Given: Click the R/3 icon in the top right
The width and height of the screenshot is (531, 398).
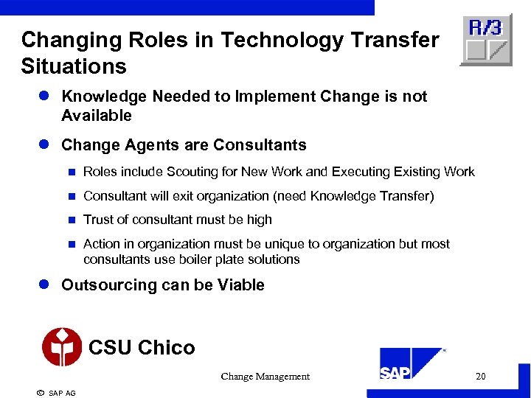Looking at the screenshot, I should [486, 40].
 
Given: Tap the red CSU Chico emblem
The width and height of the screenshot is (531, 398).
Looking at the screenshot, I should [62, 346].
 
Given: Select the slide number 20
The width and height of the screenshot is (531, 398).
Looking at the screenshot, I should [481, 377].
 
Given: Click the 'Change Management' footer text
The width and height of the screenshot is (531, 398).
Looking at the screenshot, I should [265, 377].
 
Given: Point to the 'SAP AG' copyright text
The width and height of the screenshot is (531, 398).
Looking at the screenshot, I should [62, 394].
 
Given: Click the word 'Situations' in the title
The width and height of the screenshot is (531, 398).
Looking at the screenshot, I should [74, 67].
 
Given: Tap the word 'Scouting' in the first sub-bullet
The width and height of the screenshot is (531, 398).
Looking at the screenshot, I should [191, 172].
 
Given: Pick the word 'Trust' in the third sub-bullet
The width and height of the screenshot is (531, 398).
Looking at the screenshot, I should [99, 220].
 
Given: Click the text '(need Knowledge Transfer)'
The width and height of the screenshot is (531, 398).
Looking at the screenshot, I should [359, 196].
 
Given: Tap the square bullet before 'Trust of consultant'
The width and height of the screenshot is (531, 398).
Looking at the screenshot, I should [72, 220].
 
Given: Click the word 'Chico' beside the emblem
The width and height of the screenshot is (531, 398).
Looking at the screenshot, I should [167, 348].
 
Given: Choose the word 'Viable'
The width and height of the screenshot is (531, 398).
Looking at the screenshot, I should [241, 285].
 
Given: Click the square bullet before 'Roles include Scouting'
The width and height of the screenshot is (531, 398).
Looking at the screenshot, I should [72, 172].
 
